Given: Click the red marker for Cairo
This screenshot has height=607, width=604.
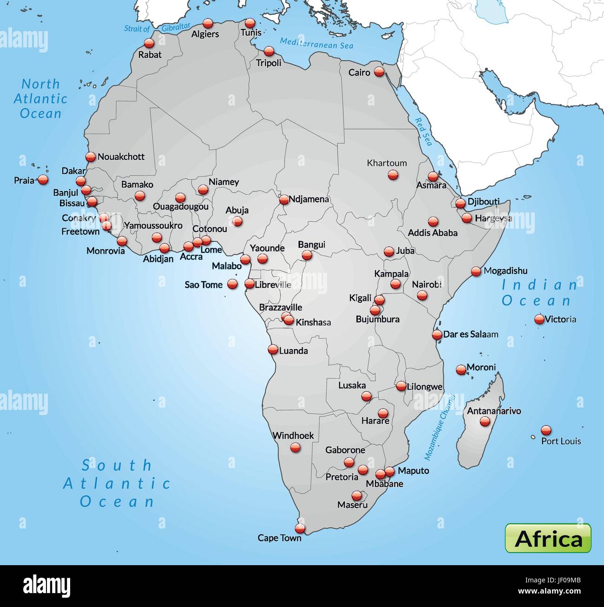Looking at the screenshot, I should pyautogui.click(x=379, y=72).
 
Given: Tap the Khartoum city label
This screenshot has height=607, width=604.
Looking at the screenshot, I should pyautogui.click(x=387, y=163).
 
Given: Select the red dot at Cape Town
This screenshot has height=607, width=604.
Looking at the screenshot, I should pyautogui.click(x=300, y=528).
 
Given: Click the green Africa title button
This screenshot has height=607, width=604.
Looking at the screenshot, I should pyautogui.click(x=548, y=538).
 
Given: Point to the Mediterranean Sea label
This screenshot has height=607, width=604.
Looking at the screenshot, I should pyautogui.click(x=316, y=43).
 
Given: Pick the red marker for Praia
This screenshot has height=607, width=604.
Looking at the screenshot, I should pyautogui.click(x=43, y=179).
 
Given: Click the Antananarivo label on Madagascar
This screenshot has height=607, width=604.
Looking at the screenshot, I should pyautogui.click(x=493, y=411).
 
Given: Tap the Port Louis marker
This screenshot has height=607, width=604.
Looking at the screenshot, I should pyautogui.click(x=546, y=430).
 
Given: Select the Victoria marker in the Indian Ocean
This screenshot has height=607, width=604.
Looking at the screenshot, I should pyautogui.click(x=539, y=319).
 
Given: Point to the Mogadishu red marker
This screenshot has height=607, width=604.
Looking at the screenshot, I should pyautogui.click(x=476, y=271).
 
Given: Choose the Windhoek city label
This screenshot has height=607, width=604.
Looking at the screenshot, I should pyautogui.click(x=293, y=435).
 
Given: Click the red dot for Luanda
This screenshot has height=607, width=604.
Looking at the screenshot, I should pyautogui.click(x=273, y=350).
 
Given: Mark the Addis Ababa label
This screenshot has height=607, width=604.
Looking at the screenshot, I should pyautogui.click(x=433, y=233).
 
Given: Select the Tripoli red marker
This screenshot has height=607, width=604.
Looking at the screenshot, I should pyautogui.click(x=269, y=51).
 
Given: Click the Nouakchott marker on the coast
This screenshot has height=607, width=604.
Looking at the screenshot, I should pyautogui.click(x=90, y=157).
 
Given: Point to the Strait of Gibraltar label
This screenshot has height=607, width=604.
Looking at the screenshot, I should pyautogui.click(x=157, y=28).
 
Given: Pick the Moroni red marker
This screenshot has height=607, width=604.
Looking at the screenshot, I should pyautogui.click(x=461, y=369).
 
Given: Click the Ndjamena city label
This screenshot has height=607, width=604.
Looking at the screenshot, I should pyautogui.click(x=309, y=199).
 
